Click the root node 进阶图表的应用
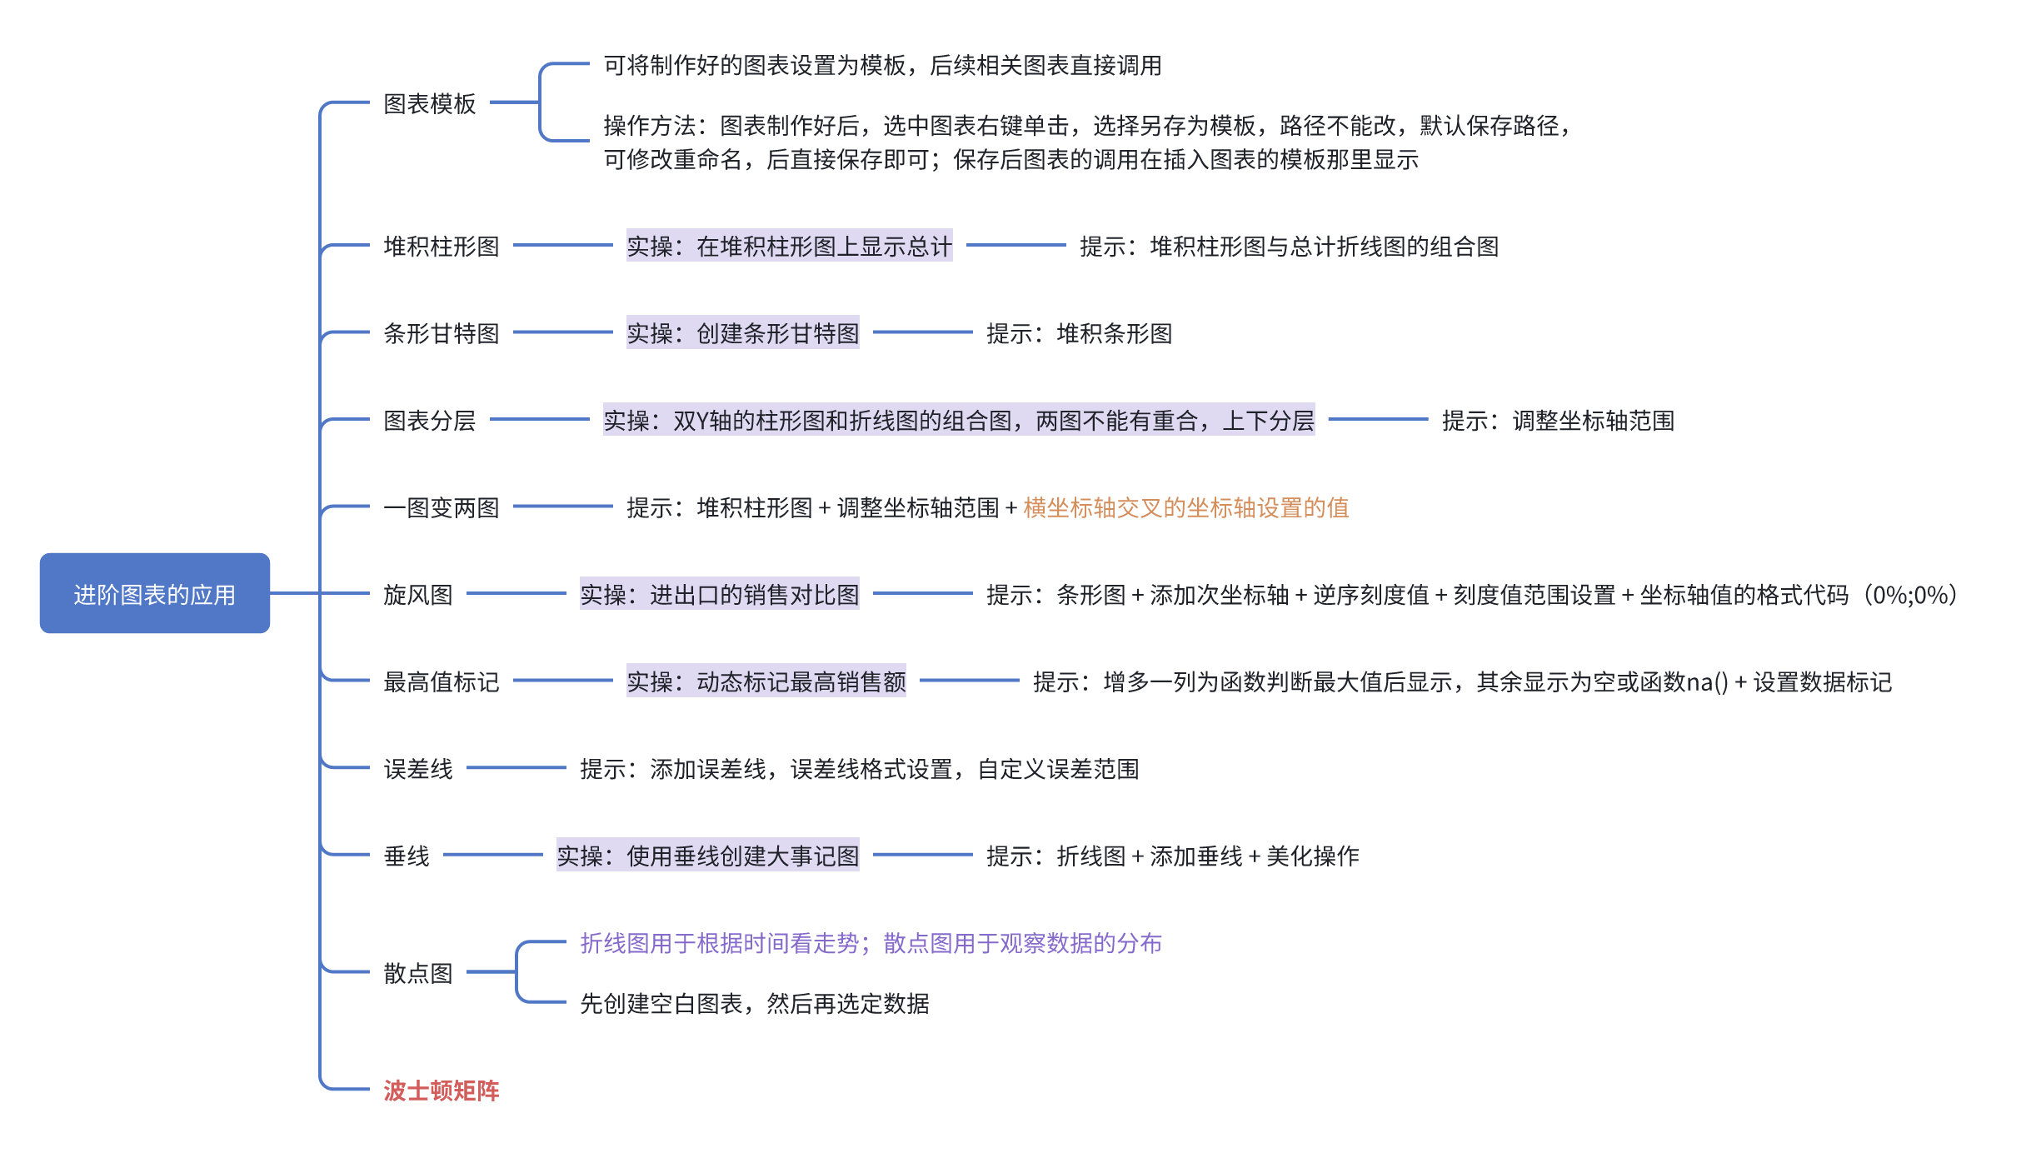[155, 593]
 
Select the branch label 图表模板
[429, 103]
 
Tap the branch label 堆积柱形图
[441, 246]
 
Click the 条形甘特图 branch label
[441, 333]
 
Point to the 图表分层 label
[429, 420]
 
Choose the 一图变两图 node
[441, 507]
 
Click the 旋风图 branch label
[417, 594]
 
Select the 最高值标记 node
[441, 681]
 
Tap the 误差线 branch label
[417, 768]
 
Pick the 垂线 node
[407, 856]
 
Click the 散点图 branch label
[417, 972]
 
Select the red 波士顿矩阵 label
[441, 1090]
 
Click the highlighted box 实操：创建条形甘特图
[742, 333]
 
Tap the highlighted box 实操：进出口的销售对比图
[719, 594]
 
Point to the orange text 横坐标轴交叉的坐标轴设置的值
[1185, 507]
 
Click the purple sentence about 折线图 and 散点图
[871, 942]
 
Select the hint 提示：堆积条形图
[1079, 333]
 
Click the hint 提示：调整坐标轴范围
[1558, 420]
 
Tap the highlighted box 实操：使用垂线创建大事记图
[707, 856]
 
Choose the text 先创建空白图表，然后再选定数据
[754, 1003]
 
